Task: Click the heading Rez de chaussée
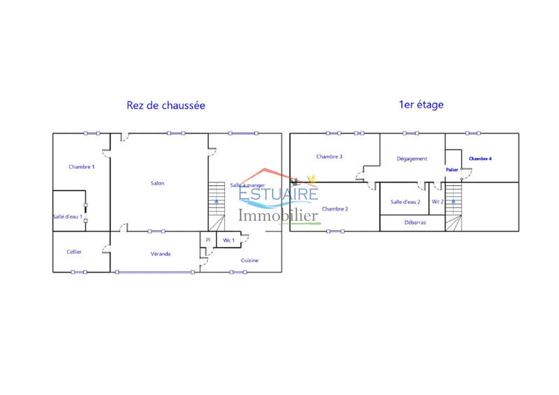(x=166, y=106)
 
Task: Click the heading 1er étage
(x=421, y=105)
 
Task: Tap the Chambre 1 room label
(x=82, y=167)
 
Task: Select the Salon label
(x=157, y=183)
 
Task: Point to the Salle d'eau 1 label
(x=68, y=217)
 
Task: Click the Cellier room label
(x=74, y=252)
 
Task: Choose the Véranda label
(x=161, y=254)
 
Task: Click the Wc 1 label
(x=228, y=240)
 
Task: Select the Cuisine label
(x=249, y=260)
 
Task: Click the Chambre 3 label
(x=328, y=157)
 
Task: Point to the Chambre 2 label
(x=335, y=209)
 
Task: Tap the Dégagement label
(x=412, y=159)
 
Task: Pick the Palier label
(x=451, y=169)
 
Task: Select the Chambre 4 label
(x=480, y=159)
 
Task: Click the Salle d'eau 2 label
(x=405, y=202)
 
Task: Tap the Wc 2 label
(x=437, y=202)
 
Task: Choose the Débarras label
(x=415, y=223)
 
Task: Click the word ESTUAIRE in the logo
(x=278, y=194)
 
